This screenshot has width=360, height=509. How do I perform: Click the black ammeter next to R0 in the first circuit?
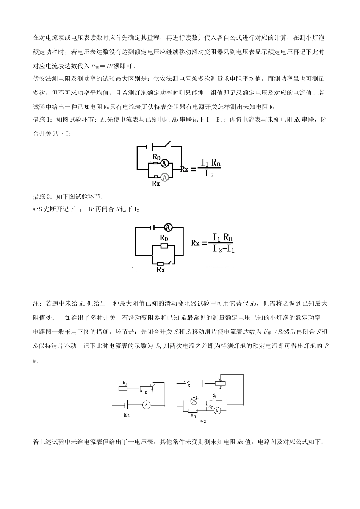point(164,163)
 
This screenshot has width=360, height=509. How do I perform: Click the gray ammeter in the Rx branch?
point(164,176)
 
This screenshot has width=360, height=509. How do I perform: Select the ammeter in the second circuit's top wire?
point(168,227)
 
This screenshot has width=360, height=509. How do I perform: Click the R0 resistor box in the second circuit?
point(164,246)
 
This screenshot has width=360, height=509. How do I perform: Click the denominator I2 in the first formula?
point(209,174)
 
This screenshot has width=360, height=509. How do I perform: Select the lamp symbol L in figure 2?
point(194,400)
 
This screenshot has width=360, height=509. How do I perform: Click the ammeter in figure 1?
point(146,405)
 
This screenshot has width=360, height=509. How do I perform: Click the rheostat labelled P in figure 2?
point(220,383)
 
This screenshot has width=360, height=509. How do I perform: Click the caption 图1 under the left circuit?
point(127,415)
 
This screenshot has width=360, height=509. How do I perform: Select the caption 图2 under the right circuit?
point(202,421)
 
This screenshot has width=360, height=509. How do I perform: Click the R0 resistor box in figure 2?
point(193,411)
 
